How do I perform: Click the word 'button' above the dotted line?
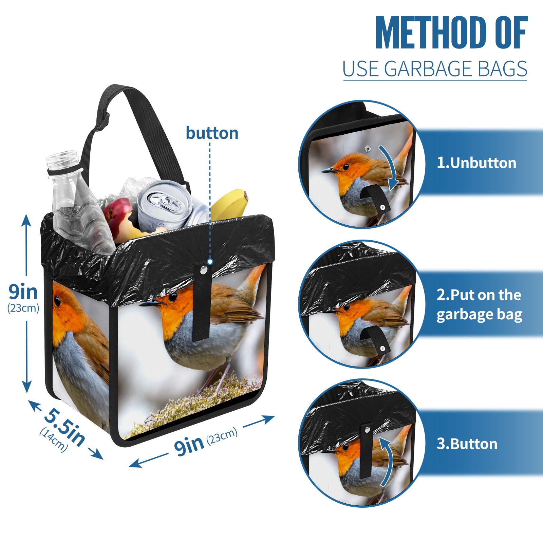pyautogui.click(x=212, y=133)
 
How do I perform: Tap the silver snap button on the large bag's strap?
pyautogui.click(x=204, y=270)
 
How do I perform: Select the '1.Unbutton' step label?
pyautogui.click(x=476, y=163)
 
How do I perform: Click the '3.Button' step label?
pyautogui.click(x=467, y=444)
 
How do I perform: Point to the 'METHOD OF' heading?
pyautogui.click(x=451, y=33)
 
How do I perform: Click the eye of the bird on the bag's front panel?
pyautogui.click(x=173, y=298)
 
